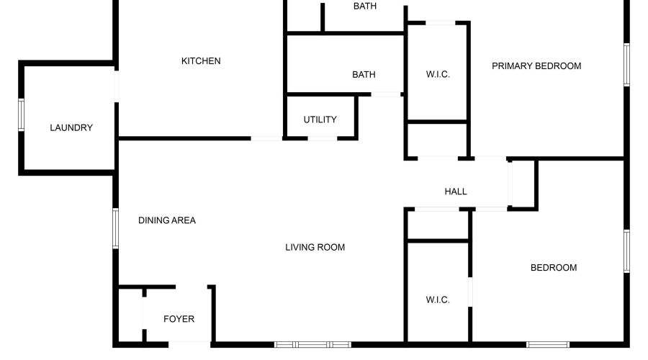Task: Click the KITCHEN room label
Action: [x=201, y=61]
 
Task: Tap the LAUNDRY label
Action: [x=71, y=127]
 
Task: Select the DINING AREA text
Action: [x=167, y=220]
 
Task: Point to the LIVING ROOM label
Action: [x=315, y=247]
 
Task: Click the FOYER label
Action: [x=179, y=319]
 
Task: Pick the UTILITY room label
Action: [x=320, y=120]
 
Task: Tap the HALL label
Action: [x=456, y=192]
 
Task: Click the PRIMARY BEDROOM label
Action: [x=536, y=66]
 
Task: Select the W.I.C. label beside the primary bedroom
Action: [x=438, y=74]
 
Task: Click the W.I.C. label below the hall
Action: [x=438, y=300]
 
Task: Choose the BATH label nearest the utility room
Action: [x=364, y=75]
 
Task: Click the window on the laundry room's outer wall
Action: [x=21, y=115]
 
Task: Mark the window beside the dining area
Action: [x=116, y=228]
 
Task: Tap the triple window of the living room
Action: [x=313, y=344]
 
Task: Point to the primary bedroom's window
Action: [x=626, y=65]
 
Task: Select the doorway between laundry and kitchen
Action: [x=117, y=86]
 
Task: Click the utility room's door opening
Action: [x=323, y=138]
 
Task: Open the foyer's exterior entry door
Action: [x=189, y=344]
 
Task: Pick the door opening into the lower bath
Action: [x=386, y=94]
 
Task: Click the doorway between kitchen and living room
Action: [x=267, y=138]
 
